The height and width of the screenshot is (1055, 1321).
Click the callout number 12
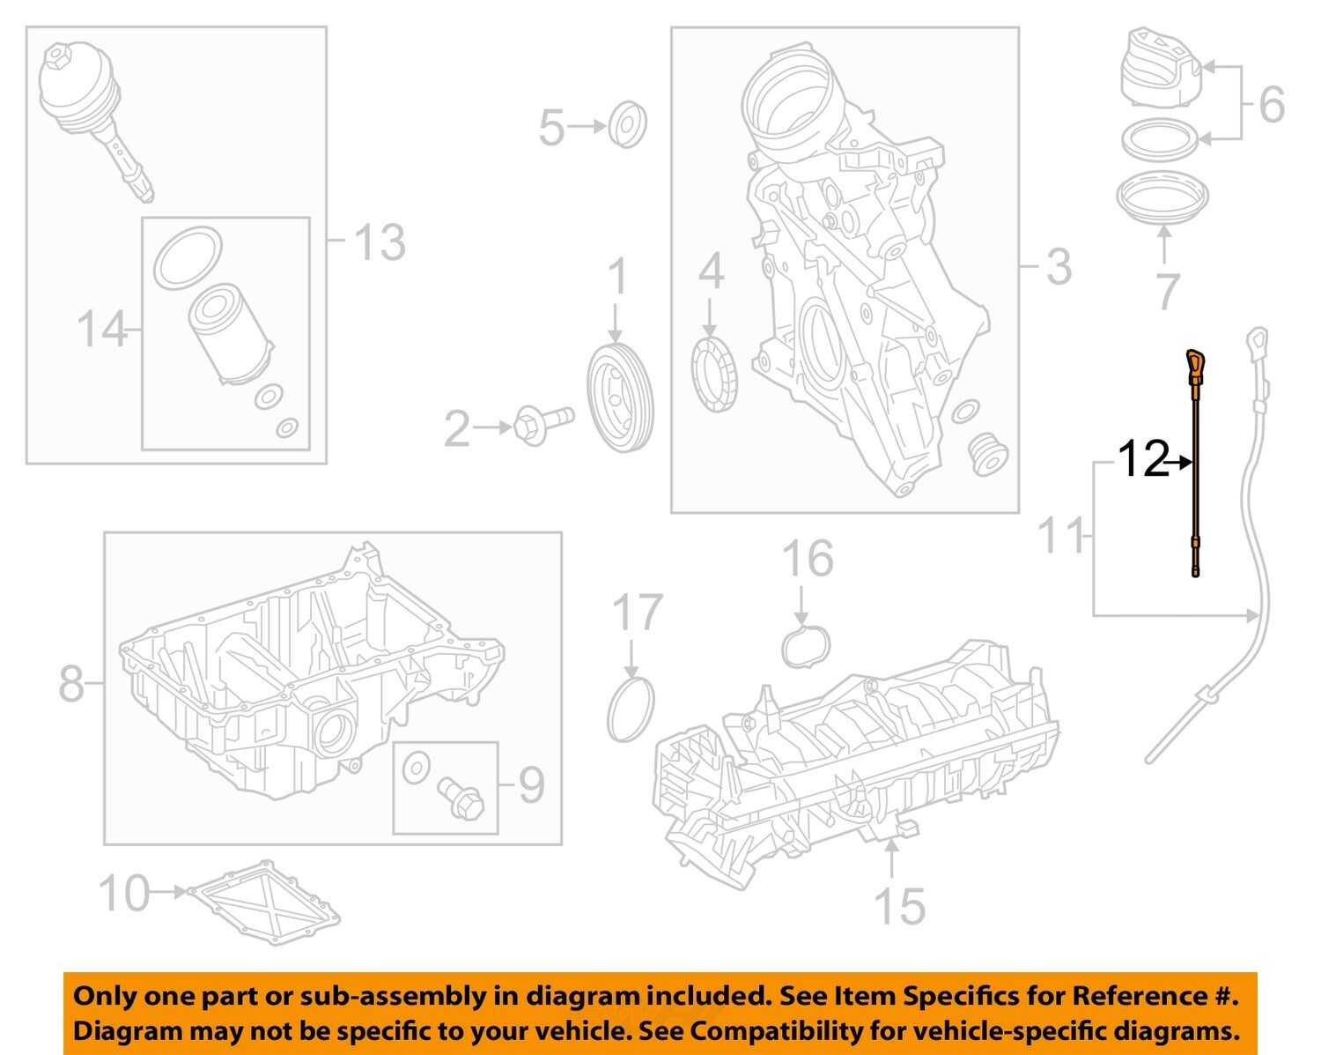coord(1142,459)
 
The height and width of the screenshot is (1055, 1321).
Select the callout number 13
coord(380,242)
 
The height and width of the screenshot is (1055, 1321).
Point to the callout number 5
coord(551,127)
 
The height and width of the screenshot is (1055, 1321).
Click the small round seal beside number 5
coord(628,124)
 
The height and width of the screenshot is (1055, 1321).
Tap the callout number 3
coord(1059,266)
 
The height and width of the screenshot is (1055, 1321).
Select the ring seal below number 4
coord(714,375)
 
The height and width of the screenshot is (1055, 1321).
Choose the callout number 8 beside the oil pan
coord(71,683)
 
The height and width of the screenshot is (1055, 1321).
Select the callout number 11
coord(1061,535)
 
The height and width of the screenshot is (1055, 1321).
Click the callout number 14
coord(102,329)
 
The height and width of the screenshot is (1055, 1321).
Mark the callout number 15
coord(899,906)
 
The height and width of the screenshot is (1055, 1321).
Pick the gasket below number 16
coord(806,646)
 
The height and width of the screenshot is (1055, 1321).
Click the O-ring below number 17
coord(631,709)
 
